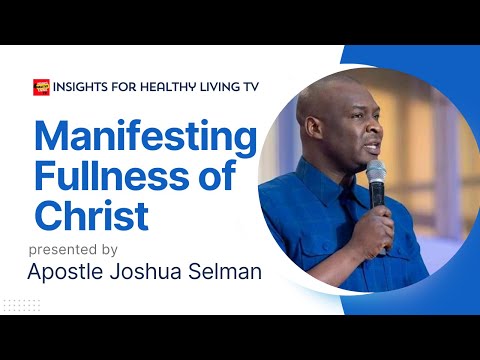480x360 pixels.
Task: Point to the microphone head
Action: click(375, 171)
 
